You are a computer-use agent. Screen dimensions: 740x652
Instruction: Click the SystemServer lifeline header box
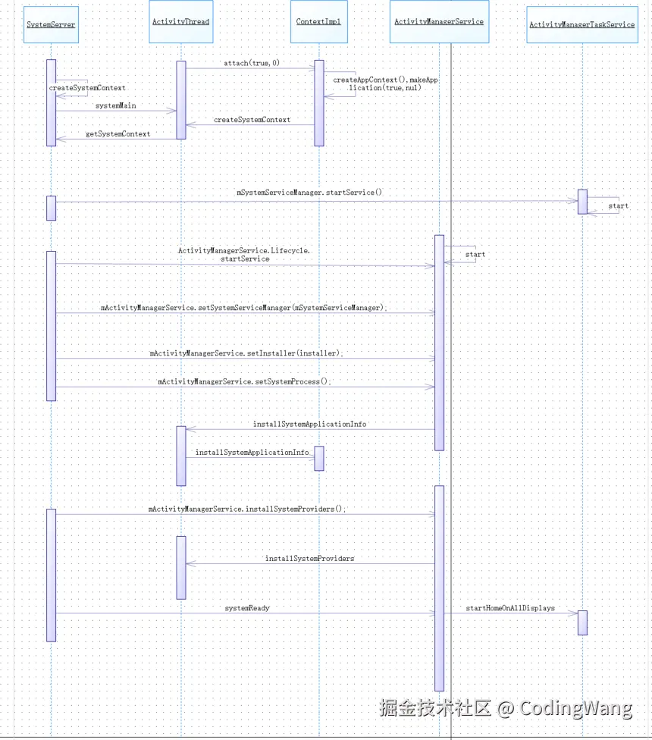coord(51,24)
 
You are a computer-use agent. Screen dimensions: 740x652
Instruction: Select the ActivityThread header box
coord(180,21)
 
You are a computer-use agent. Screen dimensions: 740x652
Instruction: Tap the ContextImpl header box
coord(318,21)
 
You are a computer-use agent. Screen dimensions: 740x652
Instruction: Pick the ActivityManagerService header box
coord(439,21)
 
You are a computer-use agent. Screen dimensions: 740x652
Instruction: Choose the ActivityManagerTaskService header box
coord(581,24)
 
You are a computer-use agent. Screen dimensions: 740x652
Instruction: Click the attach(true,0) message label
coord(252,63)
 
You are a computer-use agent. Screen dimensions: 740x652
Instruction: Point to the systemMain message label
coord(116,105)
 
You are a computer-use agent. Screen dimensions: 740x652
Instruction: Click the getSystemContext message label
coord(118,133)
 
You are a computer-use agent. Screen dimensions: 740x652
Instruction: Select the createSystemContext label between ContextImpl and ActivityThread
coord(252,120)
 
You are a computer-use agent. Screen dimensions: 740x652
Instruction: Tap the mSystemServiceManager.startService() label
coord(309,193)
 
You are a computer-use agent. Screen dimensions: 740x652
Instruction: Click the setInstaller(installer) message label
coord(246,353)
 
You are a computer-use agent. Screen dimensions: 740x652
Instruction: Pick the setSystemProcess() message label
coord(245,381)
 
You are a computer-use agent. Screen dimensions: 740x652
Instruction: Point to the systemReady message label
coord(247,608)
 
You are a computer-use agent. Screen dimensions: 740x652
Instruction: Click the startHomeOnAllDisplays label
coord(510,608)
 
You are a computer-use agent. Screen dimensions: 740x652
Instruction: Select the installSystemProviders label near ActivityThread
coord(309,558)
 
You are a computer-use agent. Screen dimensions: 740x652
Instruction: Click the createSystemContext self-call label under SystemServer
coord(87,88)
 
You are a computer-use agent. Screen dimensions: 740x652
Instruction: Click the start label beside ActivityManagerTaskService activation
coord(618,205)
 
